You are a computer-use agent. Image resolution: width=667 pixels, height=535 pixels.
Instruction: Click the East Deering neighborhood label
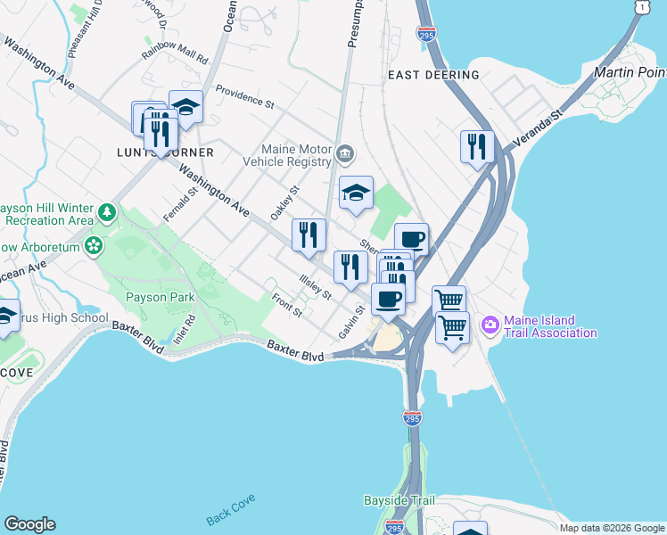click(432, 75)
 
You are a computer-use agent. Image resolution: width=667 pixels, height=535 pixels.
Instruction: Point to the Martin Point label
click(630, 71)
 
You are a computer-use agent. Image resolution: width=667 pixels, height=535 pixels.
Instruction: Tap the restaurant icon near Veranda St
click(477, 145)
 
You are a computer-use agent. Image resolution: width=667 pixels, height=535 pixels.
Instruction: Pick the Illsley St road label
click(316, 287)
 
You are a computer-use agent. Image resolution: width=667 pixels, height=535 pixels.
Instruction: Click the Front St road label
click(287, 305)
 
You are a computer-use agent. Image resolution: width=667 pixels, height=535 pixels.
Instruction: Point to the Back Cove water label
click(231, 514)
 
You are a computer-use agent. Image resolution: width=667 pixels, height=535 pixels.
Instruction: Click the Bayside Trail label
click(399, 500)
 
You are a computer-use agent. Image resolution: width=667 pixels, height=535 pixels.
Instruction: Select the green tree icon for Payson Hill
click(107, 213)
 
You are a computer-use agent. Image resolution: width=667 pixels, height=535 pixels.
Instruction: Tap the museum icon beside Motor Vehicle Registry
click(345, 157)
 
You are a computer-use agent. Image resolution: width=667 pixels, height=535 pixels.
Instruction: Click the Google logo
click(29, 524)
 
